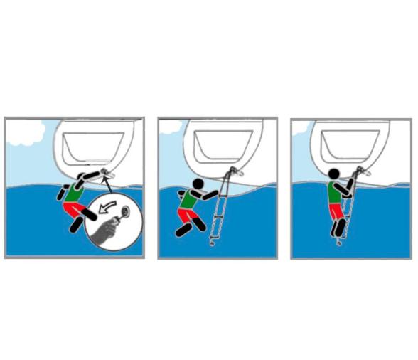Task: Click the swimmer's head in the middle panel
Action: (x=198, y=185)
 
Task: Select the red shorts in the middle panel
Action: (x=186, y=213)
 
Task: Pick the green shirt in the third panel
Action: (x=335, y=192)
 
